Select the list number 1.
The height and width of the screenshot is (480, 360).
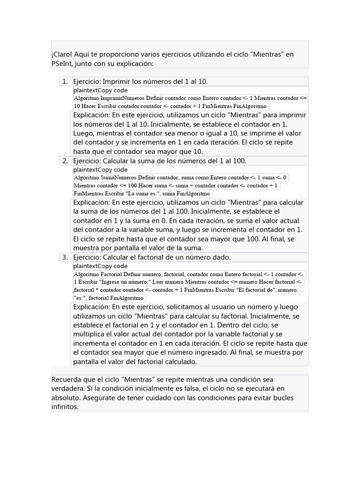(65, 82)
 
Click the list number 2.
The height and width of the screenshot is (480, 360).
(65, 161)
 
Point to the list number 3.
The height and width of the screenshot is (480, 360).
(65, 257)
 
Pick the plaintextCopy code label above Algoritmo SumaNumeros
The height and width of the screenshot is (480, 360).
(100, 170)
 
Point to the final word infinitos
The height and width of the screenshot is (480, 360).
(65, 406)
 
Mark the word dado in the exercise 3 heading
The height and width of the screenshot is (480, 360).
(221, 257)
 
